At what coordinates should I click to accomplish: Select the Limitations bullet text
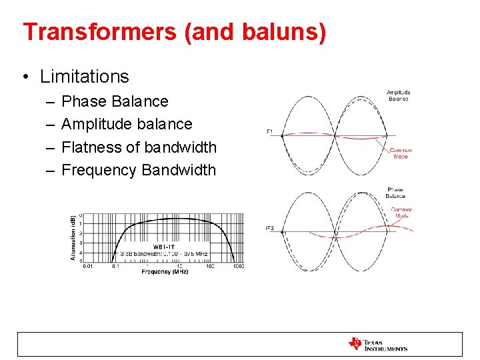(x=84, y=77)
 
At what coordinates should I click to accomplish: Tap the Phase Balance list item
(x=115, y=101)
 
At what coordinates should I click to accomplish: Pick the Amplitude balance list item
(x=127, y=124)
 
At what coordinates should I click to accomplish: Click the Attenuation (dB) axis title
(x=73, y=238)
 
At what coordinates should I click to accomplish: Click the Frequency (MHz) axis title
(x=165, y=272)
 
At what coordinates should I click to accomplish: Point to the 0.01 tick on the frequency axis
(x=87, y=266)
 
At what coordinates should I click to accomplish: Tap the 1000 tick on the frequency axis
(x=238, y=266)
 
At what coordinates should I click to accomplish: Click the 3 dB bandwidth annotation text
(x=165, y=254)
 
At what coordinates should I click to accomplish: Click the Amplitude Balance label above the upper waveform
(x=398, y=95)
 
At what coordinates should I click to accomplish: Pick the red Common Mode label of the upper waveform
(x=401, y=153)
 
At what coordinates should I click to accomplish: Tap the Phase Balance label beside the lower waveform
(x=395, y=193)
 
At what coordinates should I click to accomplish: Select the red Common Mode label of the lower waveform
(x=401, y=213)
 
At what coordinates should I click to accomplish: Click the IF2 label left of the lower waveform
(x=270, y=229)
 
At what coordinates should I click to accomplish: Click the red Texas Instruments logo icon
(x=355, y=344)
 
